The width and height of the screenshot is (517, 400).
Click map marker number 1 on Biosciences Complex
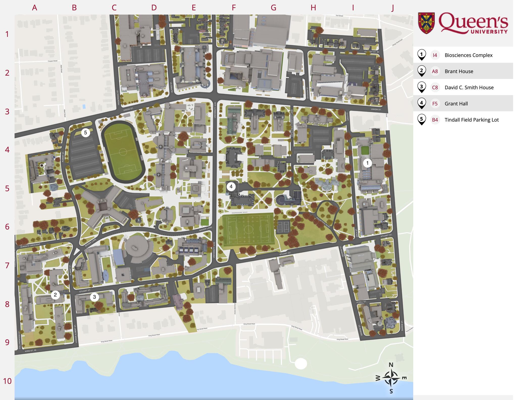pos(367,163)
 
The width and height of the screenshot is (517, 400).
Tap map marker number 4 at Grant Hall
pos(231,187)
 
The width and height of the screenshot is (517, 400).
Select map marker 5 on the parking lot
pos(86,133)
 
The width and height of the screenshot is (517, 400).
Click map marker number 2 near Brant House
pos(55,295)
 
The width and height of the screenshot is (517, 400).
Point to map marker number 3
pos(94,297)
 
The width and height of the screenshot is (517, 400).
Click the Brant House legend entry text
pos(459,71)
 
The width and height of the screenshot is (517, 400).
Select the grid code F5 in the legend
pos(435,104)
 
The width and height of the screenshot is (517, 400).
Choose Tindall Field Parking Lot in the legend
pos(472,120)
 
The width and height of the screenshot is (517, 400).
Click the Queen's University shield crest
pos(426,23)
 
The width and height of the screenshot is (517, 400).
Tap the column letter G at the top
pos(273,8)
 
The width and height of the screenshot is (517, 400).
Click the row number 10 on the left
pos(7,381)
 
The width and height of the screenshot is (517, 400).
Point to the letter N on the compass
pos(391,365)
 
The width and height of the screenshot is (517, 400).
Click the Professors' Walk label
pos(240,213)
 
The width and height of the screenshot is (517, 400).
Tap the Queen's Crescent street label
pos(30,245)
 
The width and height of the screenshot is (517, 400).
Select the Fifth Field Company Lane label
pos(292,123)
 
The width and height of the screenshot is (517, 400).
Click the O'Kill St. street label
pos(361,302)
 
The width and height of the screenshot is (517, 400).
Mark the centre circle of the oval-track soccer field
pos(123,152)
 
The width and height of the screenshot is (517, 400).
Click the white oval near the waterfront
pos(301,364)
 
